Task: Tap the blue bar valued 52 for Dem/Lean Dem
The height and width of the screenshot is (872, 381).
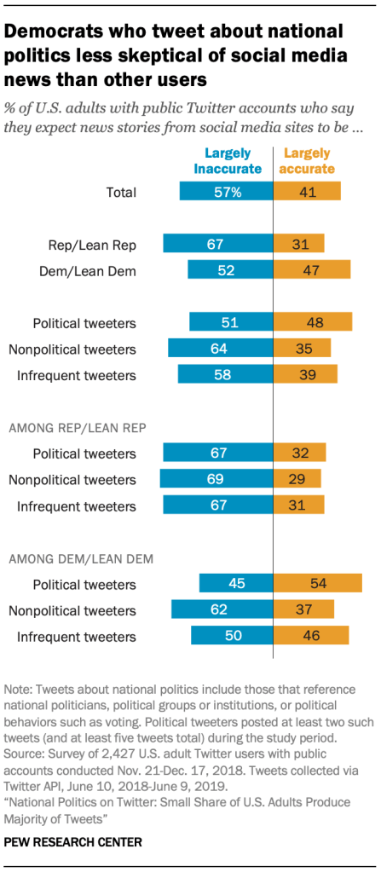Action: pos(230,271)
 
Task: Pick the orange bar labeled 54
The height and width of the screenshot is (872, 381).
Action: pos(317,583)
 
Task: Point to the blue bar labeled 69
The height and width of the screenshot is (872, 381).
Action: pos(216,479)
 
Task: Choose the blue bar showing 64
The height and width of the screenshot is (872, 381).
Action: pos(220,348)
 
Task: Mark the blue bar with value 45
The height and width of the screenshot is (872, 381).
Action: pos(236,583)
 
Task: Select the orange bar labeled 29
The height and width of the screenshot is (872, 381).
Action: pos(297,479)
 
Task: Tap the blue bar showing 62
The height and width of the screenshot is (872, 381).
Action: pos(222,609)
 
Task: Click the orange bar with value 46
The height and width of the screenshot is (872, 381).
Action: pos(311,635)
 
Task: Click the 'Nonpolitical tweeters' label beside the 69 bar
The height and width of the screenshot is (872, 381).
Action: pos(72,480)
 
